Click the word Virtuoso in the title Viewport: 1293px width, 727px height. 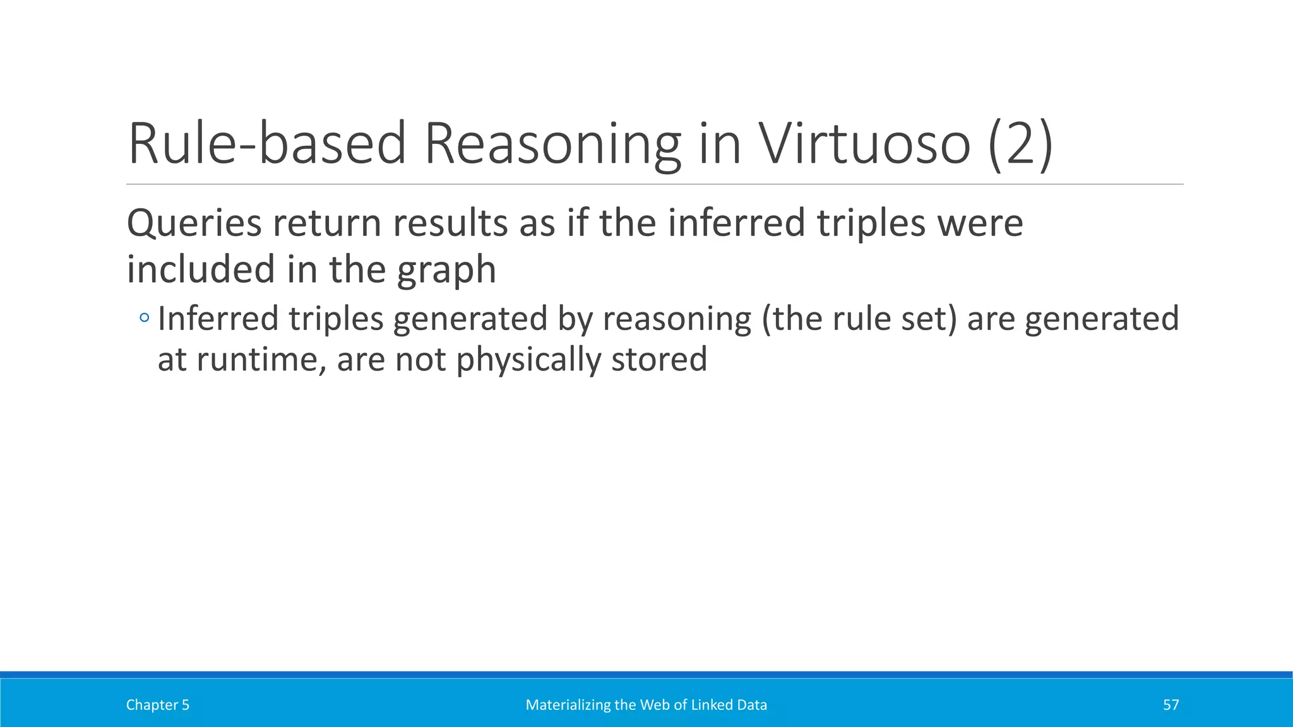(x=864, y=144)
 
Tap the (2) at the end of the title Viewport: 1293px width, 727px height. (x=1020, y=145)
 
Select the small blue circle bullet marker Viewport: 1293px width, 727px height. (x=145, y=317)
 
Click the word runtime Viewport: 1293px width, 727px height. (x=261, y=360)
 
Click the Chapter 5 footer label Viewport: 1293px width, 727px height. (x=157, y=705)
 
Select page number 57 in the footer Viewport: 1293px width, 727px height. (x=1171, y=705)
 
